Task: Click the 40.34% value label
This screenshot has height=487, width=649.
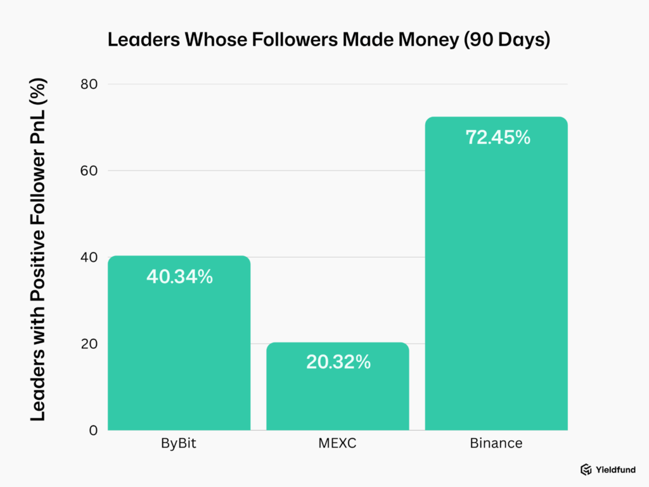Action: point(179,276)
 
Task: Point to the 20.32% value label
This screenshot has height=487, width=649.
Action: point(338,362)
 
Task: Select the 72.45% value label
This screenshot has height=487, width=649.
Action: point(498,137)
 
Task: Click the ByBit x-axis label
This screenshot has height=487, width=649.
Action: point(179,443)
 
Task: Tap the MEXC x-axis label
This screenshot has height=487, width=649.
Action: point(337,443)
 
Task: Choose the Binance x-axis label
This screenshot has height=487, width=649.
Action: point(496,443)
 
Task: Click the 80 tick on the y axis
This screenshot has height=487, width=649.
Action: point(89,84)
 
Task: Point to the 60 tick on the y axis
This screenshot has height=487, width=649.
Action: point(89,171)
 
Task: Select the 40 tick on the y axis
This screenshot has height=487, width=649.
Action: point(89,257)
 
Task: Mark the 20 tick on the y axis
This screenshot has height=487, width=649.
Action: point(89,344)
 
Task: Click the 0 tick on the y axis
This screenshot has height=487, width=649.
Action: point(93,431)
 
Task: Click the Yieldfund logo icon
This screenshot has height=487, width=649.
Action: point(586,470)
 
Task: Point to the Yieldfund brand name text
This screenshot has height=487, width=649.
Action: point(615,470)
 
